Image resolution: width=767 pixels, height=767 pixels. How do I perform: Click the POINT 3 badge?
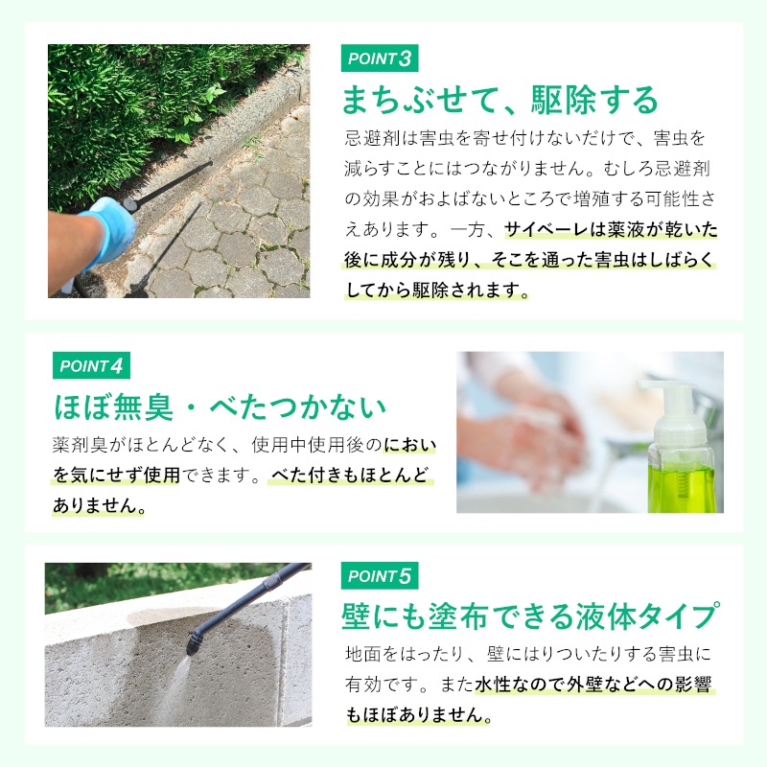coord(380,58)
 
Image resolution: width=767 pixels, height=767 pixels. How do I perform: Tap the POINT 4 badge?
coord(91,365)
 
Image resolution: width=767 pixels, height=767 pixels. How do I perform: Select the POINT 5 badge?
coord(380,576)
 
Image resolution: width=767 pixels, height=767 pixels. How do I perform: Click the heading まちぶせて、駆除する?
coord(500,101)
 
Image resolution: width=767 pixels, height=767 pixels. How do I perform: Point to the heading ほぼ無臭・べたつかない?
coord(220,407)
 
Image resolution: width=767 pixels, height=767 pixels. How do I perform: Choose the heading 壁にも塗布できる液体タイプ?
coord(530,616)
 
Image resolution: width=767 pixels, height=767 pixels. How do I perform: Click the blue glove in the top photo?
coord(106,232)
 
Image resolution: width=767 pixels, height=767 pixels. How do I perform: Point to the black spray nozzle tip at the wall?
coord(194,642)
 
